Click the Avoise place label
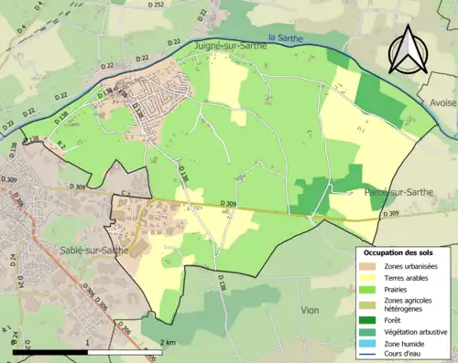click(441, 103)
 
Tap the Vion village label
click(310, 310)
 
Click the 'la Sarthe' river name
click(286, 38)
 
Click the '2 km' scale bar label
click(168, 342)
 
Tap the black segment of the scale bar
click(50, 351)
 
